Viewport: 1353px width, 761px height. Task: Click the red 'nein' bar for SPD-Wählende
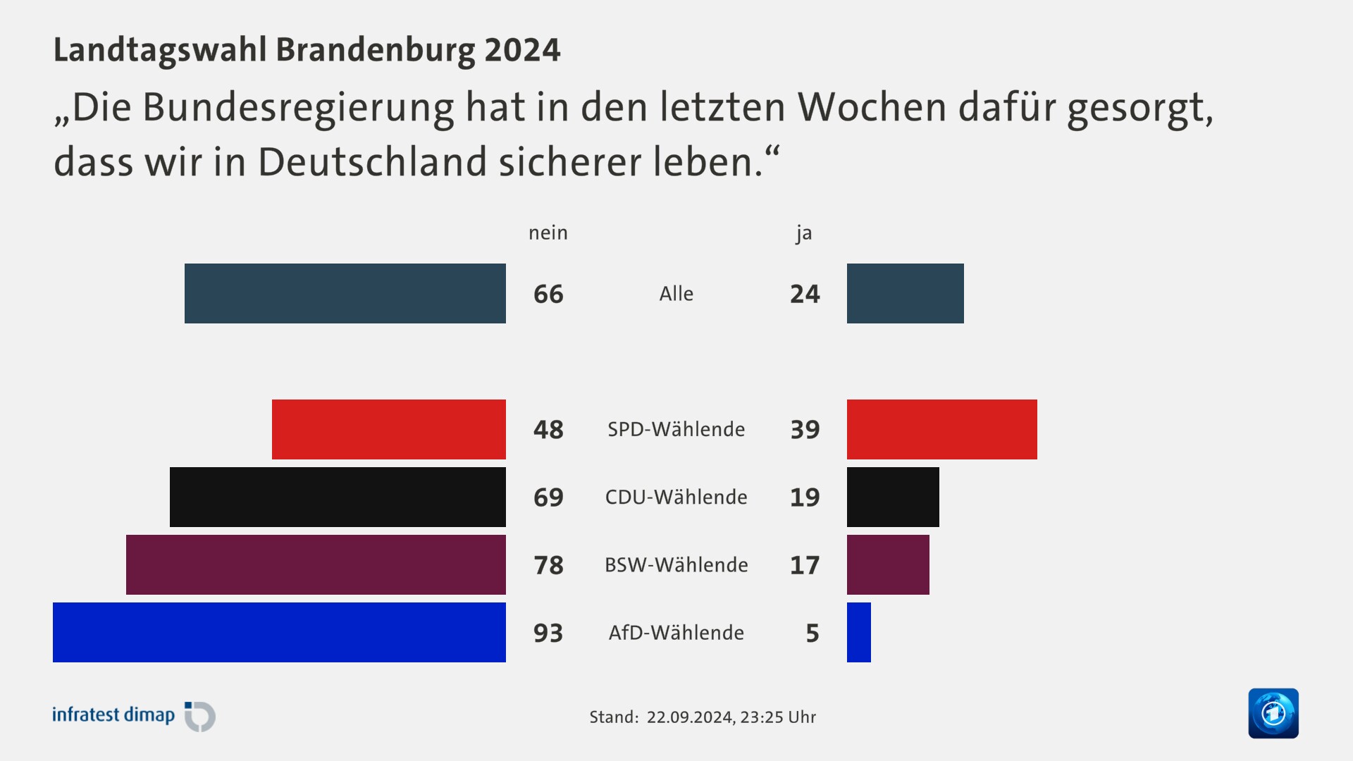click(389, 429)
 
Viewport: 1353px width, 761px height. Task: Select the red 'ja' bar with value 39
click(941, 429)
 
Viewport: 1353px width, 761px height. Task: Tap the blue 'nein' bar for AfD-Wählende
click(279, 632)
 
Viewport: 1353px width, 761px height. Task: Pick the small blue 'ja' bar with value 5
click(858, 632)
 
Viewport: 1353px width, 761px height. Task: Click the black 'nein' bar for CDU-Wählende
click(338, 497)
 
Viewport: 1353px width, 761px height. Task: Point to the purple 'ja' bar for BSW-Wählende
click(888, 564)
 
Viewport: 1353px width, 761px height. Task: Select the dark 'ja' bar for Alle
click(905, 293)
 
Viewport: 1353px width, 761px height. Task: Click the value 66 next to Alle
click(548, 294)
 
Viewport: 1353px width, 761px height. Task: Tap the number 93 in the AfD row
click(548, 633)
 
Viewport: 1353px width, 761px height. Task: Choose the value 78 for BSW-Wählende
click(548, 565)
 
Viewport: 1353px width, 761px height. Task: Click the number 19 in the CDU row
click(805, 497)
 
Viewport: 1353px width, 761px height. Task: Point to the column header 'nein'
click(548, 233)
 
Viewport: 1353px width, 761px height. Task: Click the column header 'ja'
click(804, 233)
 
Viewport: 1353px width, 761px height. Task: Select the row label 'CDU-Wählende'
click(676, 497)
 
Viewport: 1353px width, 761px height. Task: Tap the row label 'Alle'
click(676, 294)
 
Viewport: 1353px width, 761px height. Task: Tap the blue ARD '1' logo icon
click(1273, 713)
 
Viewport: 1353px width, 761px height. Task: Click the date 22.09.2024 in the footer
click(689, 717)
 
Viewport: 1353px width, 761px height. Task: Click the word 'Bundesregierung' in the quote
click(299, 107)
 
